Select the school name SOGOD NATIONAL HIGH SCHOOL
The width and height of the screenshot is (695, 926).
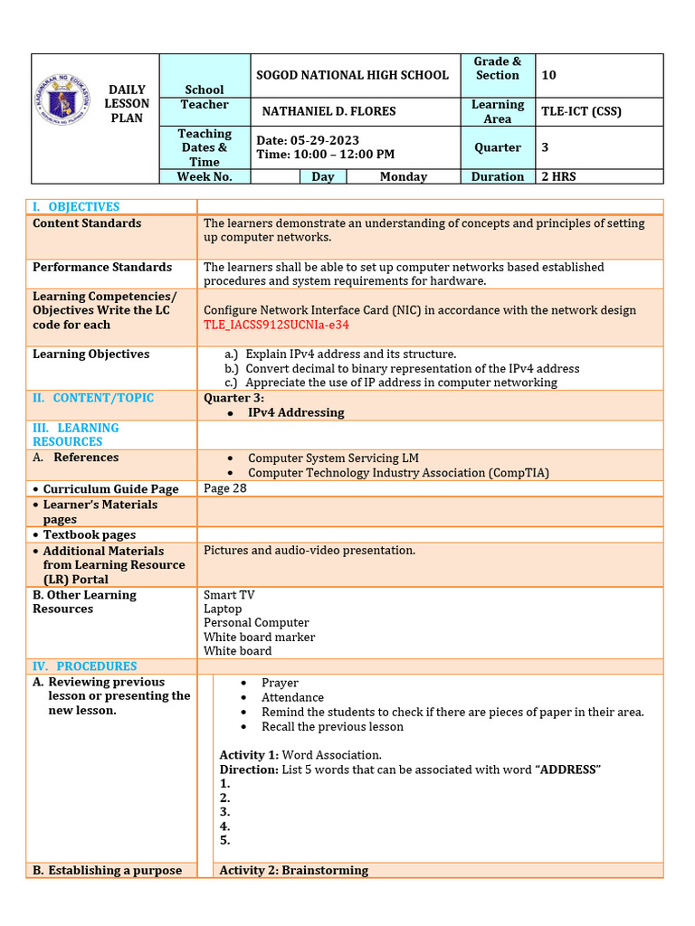(353, 75)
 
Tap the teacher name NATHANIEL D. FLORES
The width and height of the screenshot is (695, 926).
(328, 111)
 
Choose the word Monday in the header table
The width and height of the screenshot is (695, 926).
(404, 177)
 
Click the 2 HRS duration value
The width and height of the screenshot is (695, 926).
(558, 177)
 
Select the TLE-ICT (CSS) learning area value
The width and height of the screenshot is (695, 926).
(581, 111)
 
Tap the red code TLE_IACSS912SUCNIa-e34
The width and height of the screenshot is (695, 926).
(276, 325)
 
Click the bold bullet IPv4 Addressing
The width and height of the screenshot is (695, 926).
(296, 412)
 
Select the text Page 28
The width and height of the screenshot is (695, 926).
(225, 488)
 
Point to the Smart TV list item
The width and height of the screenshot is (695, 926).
(229, 595)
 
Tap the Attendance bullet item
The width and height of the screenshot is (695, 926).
(292, 697)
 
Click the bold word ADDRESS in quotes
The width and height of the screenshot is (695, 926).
(568, 770)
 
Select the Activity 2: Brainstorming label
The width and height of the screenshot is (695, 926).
(294, 870)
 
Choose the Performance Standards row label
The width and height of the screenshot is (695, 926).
(102, 268)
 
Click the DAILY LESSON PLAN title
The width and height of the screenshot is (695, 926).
(127, 104)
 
